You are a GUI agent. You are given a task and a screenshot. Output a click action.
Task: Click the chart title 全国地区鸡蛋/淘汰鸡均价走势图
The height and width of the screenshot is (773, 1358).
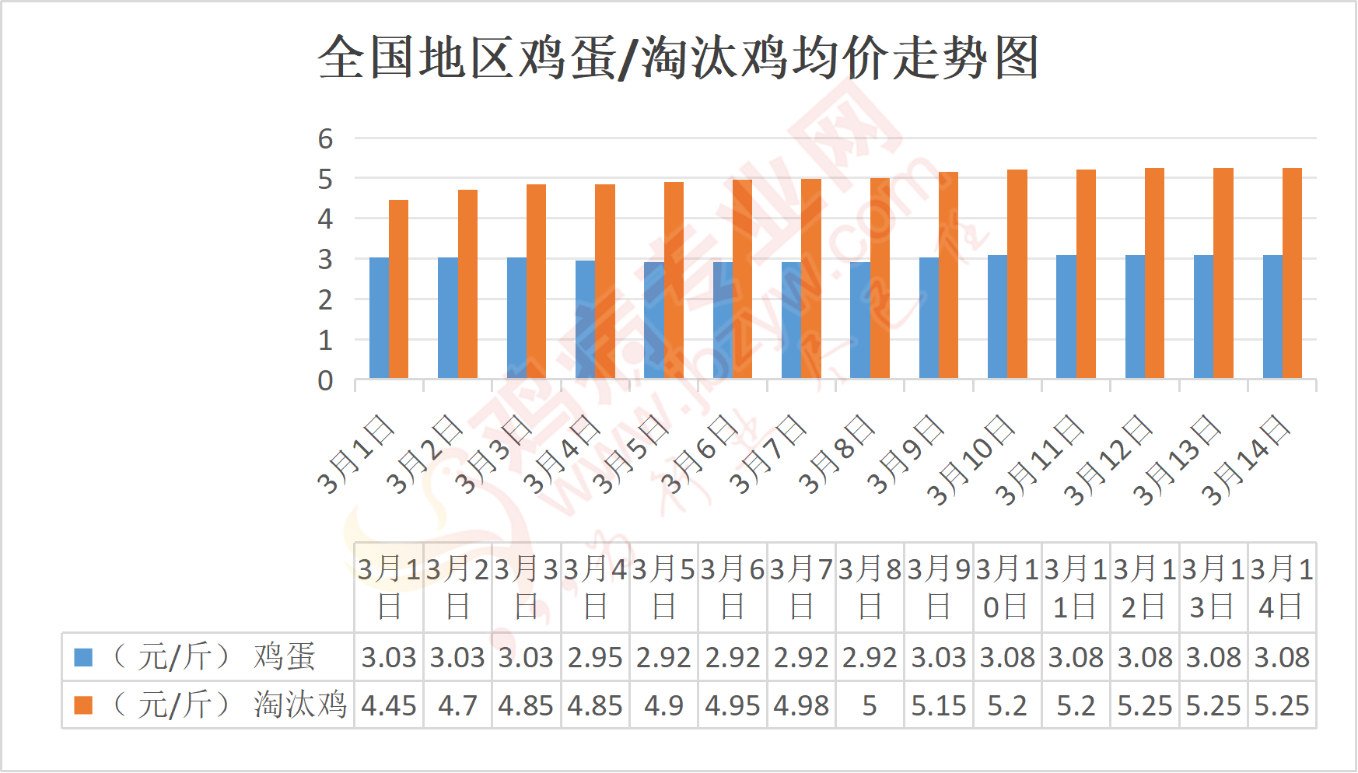tap(678, 58)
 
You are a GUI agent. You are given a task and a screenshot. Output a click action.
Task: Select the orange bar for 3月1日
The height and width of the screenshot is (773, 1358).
tap(398, 289)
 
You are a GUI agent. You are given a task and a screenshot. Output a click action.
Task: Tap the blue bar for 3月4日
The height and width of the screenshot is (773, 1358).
tap(586, 320)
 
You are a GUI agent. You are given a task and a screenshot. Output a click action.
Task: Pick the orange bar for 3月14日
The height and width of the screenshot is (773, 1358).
tap(1292, 273)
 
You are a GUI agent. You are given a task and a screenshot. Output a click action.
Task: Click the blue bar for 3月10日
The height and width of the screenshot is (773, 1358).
tap(997, 317)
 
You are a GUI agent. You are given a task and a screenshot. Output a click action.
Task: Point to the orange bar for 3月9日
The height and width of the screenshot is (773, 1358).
tap(948, 275)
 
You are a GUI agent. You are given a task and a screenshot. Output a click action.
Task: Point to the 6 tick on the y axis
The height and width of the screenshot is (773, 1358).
tap(325, 138)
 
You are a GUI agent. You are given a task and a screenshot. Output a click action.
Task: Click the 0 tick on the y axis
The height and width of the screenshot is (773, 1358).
tap(325, 380)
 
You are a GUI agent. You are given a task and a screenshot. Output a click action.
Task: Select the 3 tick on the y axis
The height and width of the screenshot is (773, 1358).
tap(325, 260)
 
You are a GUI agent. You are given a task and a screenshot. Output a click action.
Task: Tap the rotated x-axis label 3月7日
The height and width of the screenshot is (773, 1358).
tap(768, 455)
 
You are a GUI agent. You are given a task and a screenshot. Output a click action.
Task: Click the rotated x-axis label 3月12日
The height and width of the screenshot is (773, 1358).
tap(1108, 460)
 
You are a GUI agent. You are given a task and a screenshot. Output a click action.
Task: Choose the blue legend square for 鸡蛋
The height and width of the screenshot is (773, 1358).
tap(83, 658)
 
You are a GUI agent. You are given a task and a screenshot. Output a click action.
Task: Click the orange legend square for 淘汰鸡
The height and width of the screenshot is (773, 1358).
tap(83, 705)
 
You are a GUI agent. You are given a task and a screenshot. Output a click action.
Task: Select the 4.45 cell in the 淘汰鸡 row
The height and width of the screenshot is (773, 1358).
tap(389, 705)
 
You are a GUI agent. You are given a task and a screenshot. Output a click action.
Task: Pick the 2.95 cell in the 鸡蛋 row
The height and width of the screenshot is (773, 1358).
tap(595, 658)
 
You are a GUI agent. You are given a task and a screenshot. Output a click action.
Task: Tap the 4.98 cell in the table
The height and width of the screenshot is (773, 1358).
tap(801, 705)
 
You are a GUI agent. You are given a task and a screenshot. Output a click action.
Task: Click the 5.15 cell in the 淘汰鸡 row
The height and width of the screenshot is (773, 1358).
tap(939, 705)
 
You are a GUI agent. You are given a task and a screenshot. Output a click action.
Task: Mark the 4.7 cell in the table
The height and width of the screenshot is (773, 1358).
tap(457, 705)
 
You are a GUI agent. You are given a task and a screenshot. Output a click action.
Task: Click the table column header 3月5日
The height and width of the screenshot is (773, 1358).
tap(663, 587)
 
